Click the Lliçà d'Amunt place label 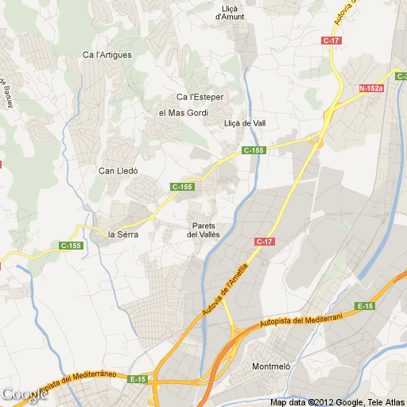pyautogui.click(x=230, y=12)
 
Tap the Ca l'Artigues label pyautogui.click(x=107, y=55)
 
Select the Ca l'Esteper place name pyautogui.click(x=200, y=97)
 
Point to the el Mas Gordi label pyautogui.click(x=182, y=113)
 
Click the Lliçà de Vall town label pyautogui.click(x=245, y=123)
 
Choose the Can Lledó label pyautogui.click(x=118, y=171)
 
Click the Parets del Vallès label pyautogui.click(x=203, y=230)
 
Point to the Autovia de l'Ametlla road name pyautogui.click(x=227, y=289)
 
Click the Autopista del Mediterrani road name pyautogui.click(x=300, y=320)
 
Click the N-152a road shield pyautogui.click(x=370, y=88)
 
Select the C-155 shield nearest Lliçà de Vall pyautogui.click(x=254, y=150)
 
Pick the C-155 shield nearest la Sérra pyautogui.click(x=71, y=246)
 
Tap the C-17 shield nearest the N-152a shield pyautogui.click(x=331, y=40)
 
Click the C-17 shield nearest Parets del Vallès pyautogui.click(x=264, y=241)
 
